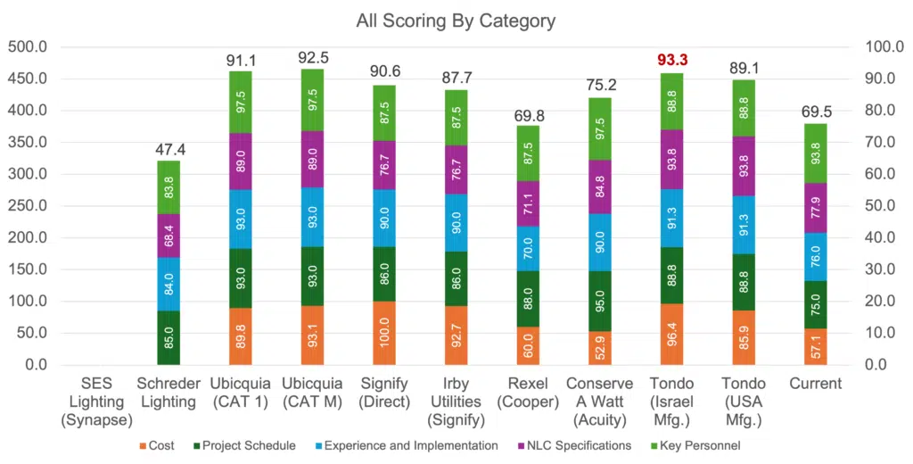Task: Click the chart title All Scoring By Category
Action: pyautogui.click(x=456, y=20)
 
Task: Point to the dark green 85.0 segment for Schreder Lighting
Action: pyautogui.click(x=169, y=337)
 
